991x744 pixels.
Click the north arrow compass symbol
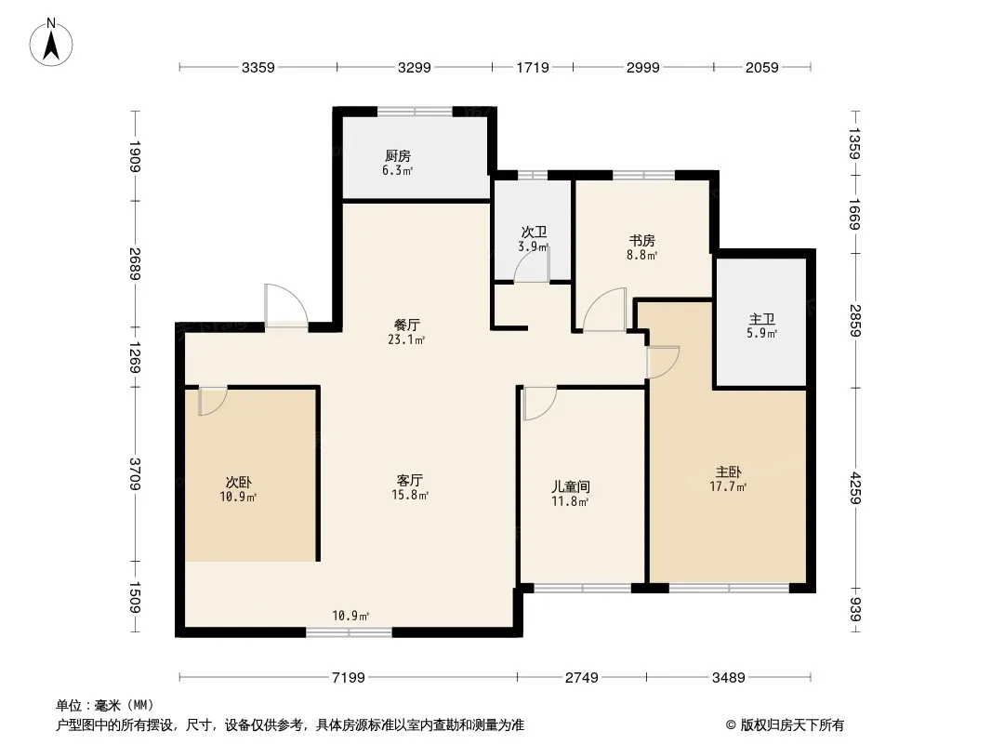tap(51, 43)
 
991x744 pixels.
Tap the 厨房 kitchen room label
tap(398, 155)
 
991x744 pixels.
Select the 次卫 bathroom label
tap(534, 232)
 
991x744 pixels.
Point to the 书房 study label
tap(641, 240)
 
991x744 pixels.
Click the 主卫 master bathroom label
tap(761, 319)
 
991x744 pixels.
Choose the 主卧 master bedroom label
tap(728, 472)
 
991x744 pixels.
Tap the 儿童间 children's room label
tap(570, 486)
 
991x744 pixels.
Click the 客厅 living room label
tap(410, 481)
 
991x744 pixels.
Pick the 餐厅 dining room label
tap(407, 325)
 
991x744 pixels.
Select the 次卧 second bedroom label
tap(238, 483)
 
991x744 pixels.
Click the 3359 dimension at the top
tap(258, 67)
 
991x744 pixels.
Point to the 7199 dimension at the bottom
tap(349, 678)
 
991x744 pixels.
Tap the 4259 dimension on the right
tap(854, 488)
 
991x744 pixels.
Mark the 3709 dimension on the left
tap(135, 474)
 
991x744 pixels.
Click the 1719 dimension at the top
tap(533, 67)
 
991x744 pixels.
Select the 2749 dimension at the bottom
tap(581, 678)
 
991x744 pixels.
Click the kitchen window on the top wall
tap(415, 112)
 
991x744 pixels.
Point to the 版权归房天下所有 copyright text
tap(792, 725)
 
